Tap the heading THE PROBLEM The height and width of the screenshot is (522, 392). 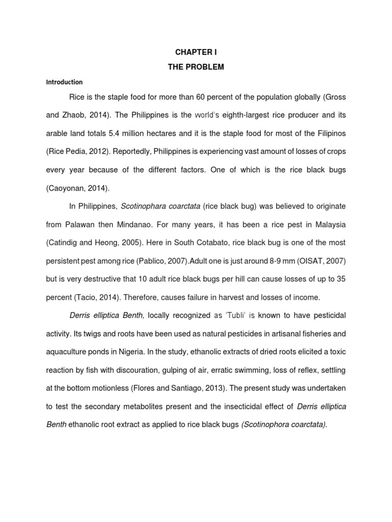pyautogui.click(x=196, y=67)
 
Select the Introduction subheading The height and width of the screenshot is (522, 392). pyautogui.click(x=64, y=82)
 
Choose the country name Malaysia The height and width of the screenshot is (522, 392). pyautogui.click(x=329, y=224)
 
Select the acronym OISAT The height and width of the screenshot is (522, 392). pyautogui.click(x=310, y=260)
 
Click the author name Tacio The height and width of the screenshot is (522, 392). pyautogui.click(x=88, y=297)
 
